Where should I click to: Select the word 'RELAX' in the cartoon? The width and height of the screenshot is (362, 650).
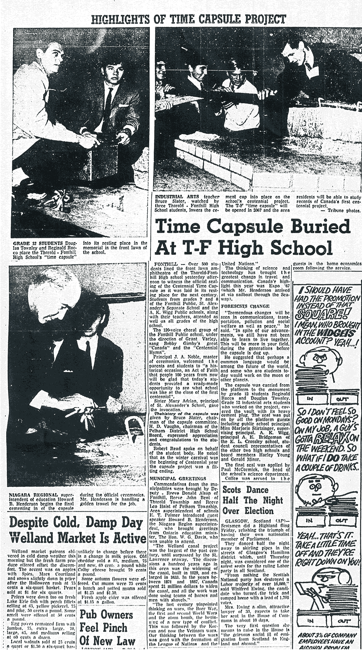click(x=331, y=438)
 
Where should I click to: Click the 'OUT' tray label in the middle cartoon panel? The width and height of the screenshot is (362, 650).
click(x=342, y=520)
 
